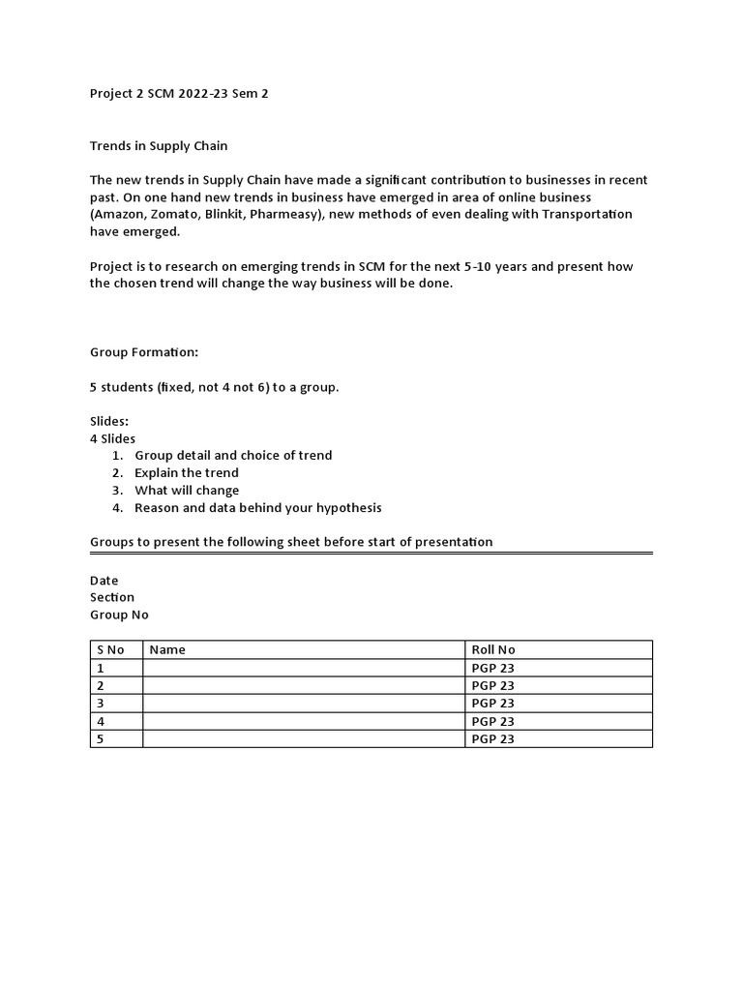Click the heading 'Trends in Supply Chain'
click(159, 146)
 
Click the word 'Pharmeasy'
click(307, 214)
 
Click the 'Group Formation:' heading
click(143, 353)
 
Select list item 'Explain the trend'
click(187, 473)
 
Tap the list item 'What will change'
click(187, 491)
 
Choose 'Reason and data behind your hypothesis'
click(258, 508)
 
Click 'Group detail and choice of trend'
click(233, 456)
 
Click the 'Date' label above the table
click(104, 581)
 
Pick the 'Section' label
click(112, 598)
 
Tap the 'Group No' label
click(120, 616)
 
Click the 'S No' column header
click(110, 649)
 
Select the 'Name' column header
click(167, 649)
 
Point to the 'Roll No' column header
click(493, 649)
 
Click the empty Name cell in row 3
click(303, 704)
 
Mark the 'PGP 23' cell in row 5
click(492, 739)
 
